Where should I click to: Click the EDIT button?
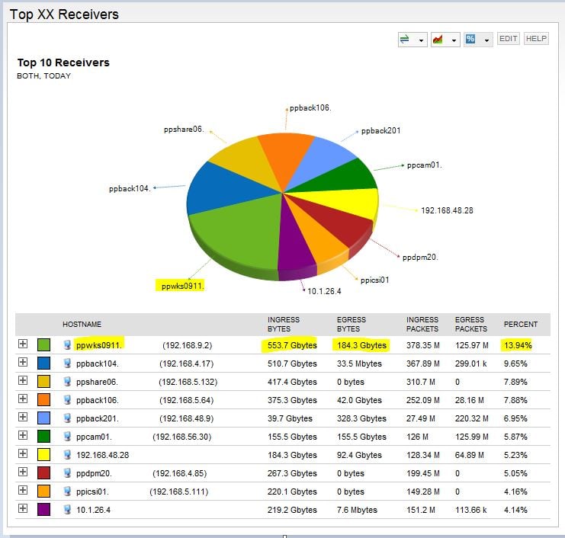(508, 39)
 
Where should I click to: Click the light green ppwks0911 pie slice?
(233, 236)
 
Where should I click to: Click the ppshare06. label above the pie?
(183, 130)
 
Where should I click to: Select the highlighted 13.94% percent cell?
(518, 345)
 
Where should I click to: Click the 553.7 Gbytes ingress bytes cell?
(292, 345)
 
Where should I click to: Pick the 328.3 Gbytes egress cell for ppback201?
(361, 418)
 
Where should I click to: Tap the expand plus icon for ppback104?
(23, 363)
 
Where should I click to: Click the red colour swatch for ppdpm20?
(43, 473)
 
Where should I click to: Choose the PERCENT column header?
(521, 325)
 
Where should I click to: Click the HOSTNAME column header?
(82, 325)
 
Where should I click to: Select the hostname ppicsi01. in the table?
(97, 492)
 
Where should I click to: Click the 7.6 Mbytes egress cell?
(357, 510)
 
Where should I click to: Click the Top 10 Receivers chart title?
(63, 62)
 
